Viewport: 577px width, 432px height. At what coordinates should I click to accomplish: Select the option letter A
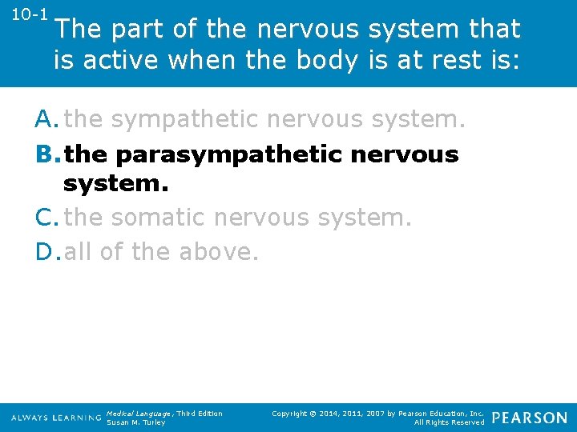tap(46, 119)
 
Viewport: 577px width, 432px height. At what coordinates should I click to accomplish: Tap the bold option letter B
tap(46, 154)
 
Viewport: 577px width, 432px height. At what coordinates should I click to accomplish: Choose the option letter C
tap(46, 217)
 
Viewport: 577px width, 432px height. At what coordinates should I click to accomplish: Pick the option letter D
tap(46, 251)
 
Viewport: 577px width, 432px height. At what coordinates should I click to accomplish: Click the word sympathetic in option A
tap(184, 120)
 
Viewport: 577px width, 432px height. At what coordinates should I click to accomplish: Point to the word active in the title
tap(124, 60)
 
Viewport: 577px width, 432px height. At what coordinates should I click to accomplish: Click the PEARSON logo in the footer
tap(530, 418)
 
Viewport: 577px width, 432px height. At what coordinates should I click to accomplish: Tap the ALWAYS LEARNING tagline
tap(57, 418)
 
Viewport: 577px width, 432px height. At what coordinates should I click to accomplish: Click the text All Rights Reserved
tap(449, 422)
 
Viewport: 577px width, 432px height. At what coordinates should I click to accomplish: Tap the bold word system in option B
tap(115, 184)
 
